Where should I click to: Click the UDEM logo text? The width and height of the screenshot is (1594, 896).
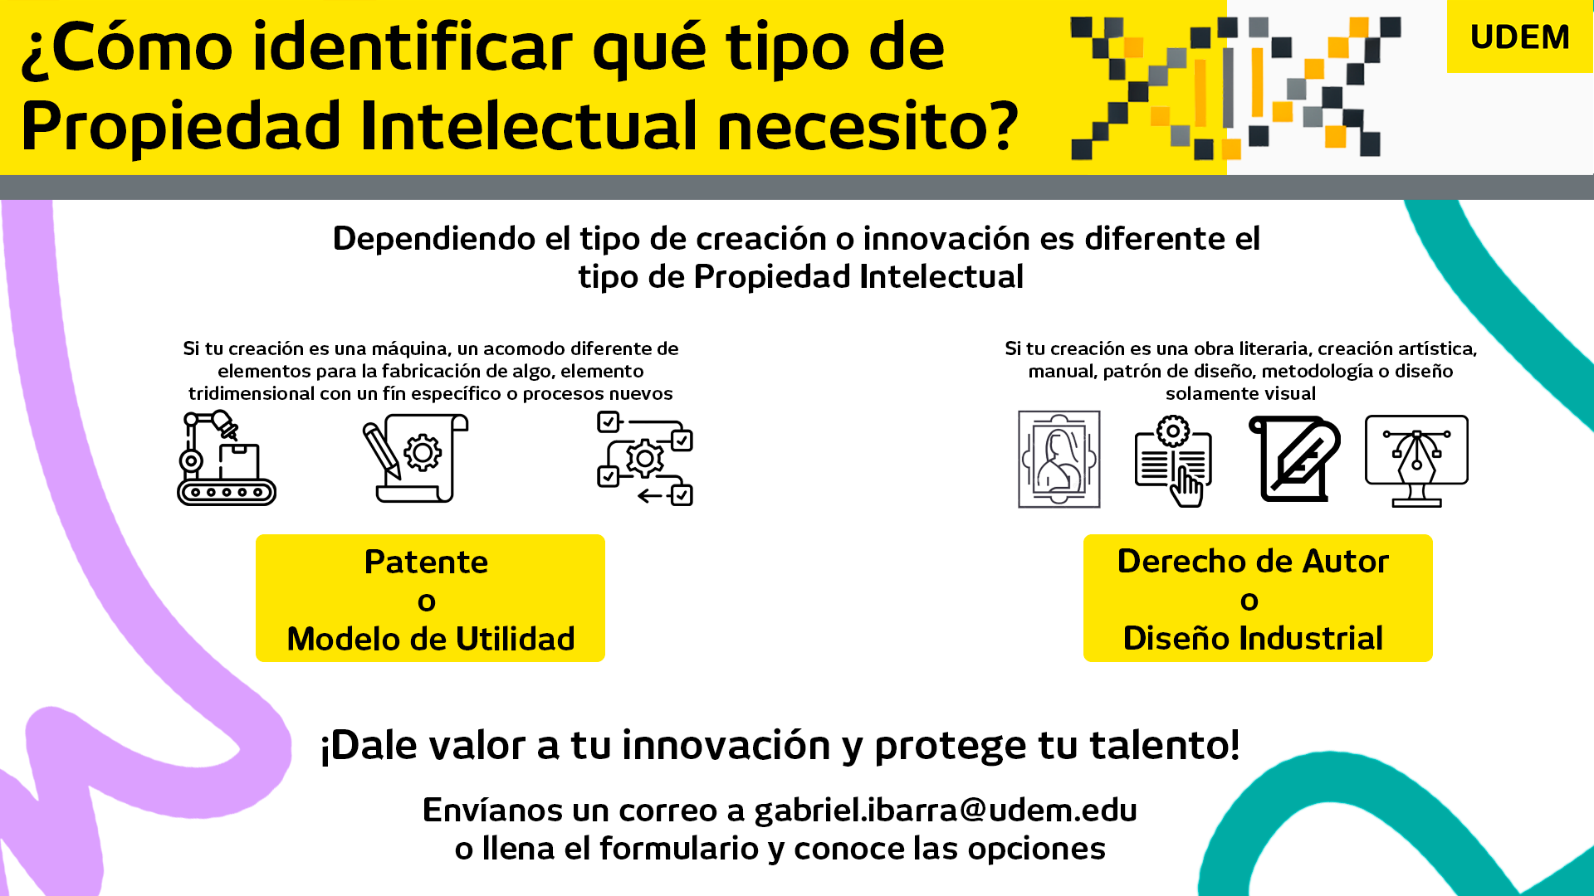1519,37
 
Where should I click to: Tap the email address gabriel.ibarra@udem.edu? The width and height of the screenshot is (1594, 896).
946,810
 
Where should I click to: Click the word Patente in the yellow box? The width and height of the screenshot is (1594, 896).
426,562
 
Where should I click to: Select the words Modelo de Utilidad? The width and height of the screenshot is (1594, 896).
430,639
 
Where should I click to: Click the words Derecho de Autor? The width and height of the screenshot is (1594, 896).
1253,562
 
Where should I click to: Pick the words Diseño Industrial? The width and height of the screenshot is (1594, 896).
1253,638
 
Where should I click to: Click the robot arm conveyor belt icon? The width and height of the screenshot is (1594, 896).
227,458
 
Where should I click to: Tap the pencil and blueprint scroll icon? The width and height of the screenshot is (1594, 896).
415,458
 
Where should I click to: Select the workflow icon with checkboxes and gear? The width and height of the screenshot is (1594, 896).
645,458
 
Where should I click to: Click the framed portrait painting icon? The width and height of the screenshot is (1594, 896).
1059,459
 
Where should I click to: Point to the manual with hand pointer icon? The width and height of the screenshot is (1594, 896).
1173,461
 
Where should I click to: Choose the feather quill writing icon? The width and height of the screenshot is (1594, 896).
1294,459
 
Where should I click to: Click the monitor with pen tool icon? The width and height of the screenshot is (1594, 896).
1416,461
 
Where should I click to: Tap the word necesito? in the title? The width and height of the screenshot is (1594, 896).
868,127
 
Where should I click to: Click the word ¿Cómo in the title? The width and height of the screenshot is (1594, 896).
127,47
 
